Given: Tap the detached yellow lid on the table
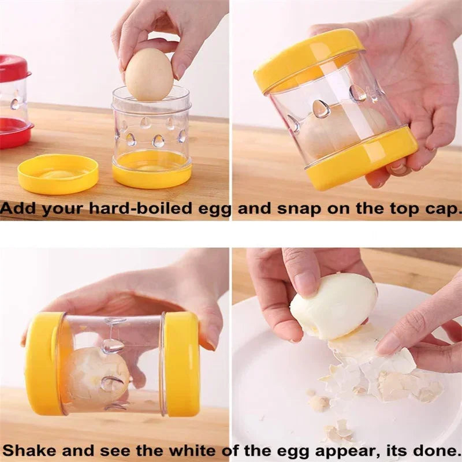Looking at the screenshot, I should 58,173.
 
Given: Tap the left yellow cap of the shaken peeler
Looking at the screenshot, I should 44,364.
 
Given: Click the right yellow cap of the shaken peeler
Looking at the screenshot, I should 182,363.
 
